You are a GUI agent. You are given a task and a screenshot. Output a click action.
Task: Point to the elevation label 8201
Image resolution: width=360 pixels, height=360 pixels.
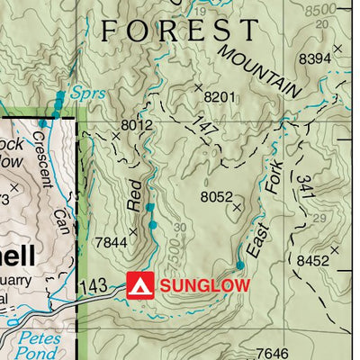(x=220, y=97)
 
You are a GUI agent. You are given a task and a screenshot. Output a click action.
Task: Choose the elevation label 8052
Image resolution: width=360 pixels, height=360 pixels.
(x=217, y=196)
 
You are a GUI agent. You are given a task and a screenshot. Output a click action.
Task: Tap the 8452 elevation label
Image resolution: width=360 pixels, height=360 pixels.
(x=313, y=260)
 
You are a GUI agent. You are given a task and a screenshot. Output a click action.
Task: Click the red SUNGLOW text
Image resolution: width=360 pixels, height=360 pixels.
(x=204, y=286)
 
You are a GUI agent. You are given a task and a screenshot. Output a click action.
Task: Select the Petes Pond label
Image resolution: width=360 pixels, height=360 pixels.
(x=40, y=346)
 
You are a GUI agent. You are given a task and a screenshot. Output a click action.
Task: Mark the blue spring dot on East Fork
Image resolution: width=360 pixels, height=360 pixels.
(x=240, y=265)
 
